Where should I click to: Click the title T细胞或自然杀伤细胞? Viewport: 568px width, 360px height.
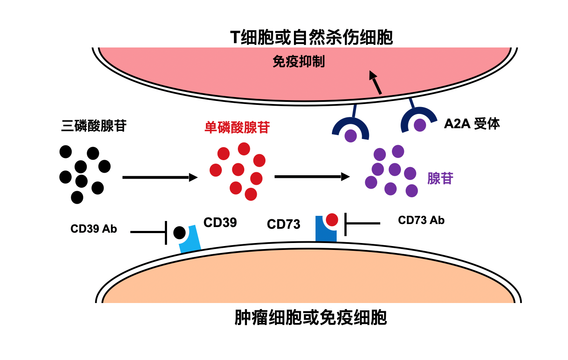click(x=312, y=38)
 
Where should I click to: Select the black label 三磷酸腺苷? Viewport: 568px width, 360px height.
click(x=94, y=126)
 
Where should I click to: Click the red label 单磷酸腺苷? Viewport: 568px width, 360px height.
click(x=237, y=127)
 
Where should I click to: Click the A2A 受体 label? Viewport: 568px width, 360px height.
click(x=472, y=124)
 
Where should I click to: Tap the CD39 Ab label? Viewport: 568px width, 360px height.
click(x=94, y=229)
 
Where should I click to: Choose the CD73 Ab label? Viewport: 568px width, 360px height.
click(x=421, y=220)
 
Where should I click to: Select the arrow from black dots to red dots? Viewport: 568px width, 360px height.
click(x=160, y=177)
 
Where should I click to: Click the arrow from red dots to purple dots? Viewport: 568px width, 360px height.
click(x=312, y=176)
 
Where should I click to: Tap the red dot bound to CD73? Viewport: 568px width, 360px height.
click(x=332, y=220)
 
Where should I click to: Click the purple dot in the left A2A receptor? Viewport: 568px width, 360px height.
click(x=350, y=136)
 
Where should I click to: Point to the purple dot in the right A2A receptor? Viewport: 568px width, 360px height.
click(x=420, y=125)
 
